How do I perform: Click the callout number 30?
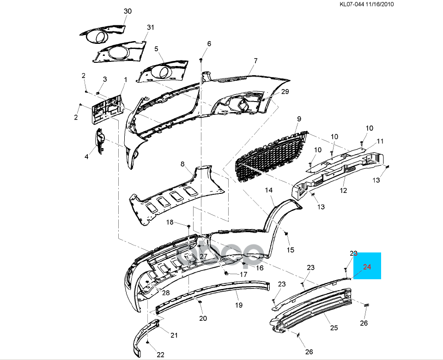(x=128, y=11)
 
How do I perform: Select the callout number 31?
(x=150, y=28)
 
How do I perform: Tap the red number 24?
(x=367, y=266)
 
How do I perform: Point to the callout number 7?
(x=255, y=61)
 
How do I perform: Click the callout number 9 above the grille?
(x=299, y=119)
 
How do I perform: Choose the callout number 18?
(x=170, y=222)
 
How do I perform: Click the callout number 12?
(x=343, y=190)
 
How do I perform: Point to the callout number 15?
(x=290, y=250)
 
